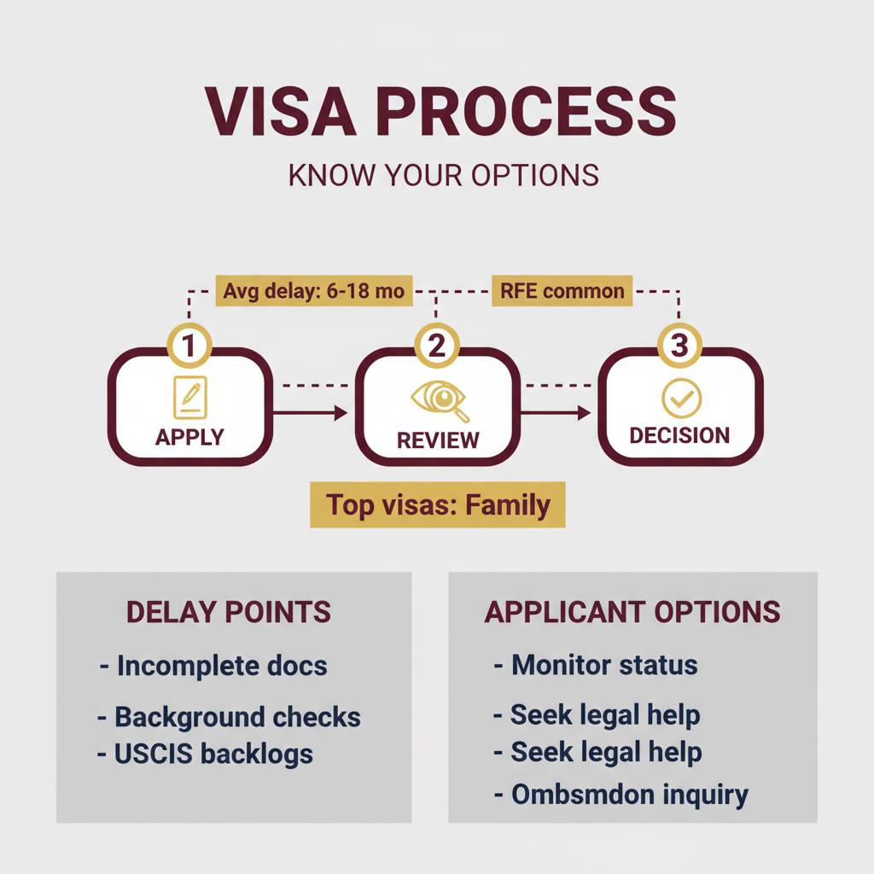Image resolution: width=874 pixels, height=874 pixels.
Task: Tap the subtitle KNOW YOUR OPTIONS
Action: tap(443, 174)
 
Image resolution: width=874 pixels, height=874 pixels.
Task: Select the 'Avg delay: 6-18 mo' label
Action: tap(313, 291)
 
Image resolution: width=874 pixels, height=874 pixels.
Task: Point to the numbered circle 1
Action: tap(189, 346)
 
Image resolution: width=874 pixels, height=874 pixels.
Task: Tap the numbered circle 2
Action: tap(436, 346)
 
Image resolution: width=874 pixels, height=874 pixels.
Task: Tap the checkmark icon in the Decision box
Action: tap(681, 399)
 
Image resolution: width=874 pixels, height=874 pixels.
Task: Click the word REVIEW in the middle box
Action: tap(438, 440)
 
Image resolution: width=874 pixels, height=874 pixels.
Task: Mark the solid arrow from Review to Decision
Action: tap(555, 413)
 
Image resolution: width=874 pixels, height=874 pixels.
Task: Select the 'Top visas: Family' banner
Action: tap(438, 505)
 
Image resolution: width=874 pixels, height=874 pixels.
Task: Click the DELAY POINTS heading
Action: tap(228, 612)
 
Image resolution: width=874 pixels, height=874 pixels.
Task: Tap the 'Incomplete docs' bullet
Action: tap(220, 666)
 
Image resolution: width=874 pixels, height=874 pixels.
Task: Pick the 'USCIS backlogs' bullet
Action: tap(213, 755)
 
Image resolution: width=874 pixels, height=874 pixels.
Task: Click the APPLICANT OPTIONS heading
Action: tap(632, 612)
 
